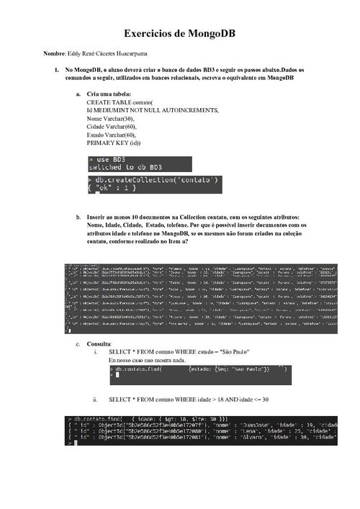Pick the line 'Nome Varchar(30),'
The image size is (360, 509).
[x=109, y=119]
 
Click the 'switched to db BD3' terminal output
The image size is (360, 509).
[x=121, y=167]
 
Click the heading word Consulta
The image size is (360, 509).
[x=99, y=344]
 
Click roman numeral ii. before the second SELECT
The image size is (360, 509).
[x=95, y=399]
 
